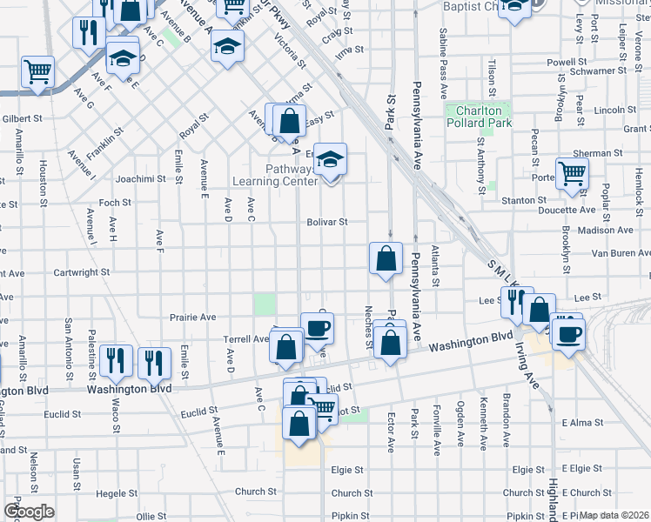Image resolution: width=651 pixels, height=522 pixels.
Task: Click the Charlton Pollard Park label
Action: [478, 117]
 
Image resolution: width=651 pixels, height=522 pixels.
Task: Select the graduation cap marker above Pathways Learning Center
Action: [330, 160]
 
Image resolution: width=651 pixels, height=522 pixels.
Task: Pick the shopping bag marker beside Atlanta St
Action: [386, 258]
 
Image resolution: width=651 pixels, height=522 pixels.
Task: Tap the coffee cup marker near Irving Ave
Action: [568, 333]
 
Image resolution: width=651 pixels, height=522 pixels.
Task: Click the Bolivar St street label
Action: [327, 222]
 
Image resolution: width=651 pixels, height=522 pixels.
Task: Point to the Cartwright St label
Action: [82, 272]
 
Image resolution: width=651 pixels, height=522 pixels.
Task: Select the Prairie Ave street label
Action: [192, 318]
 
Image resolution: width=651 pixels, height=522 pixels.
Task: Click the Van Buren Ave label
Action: [621, 253]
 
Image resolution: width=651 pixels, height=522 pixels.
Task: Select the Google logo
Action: [29, 512]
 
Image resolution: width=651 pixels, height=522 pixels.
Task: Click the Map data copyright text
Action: [613, 515]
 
